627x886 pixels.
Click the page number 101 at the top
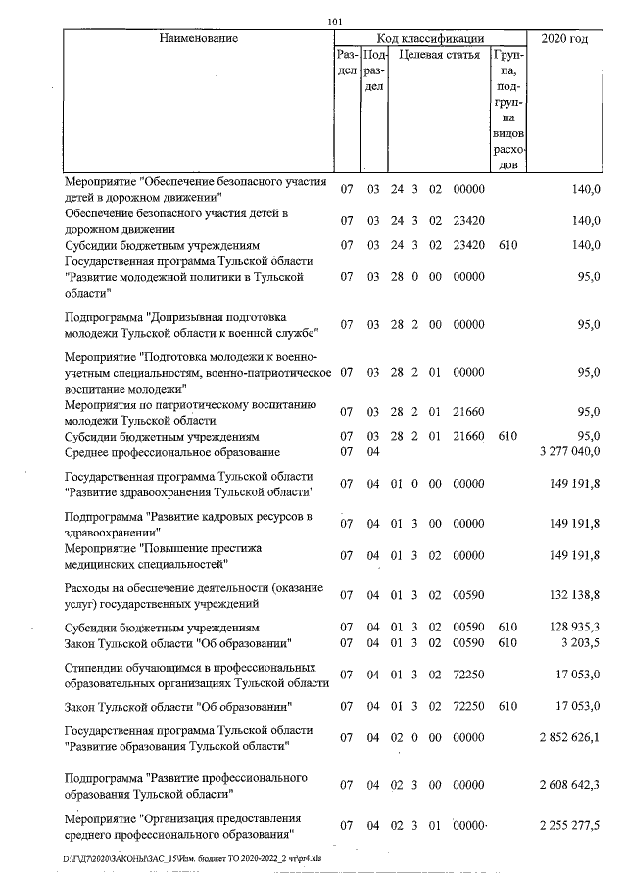pyautogui.click(x=336, y=22)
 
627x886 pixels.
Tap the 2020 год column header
pyautogui.click(x=565, y=39)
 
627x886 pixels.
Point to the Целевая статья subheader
pyautogui.click(x=438, y=56)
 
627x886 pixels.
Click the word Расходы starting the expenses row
pyautogui.click(x=88, y=587)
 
